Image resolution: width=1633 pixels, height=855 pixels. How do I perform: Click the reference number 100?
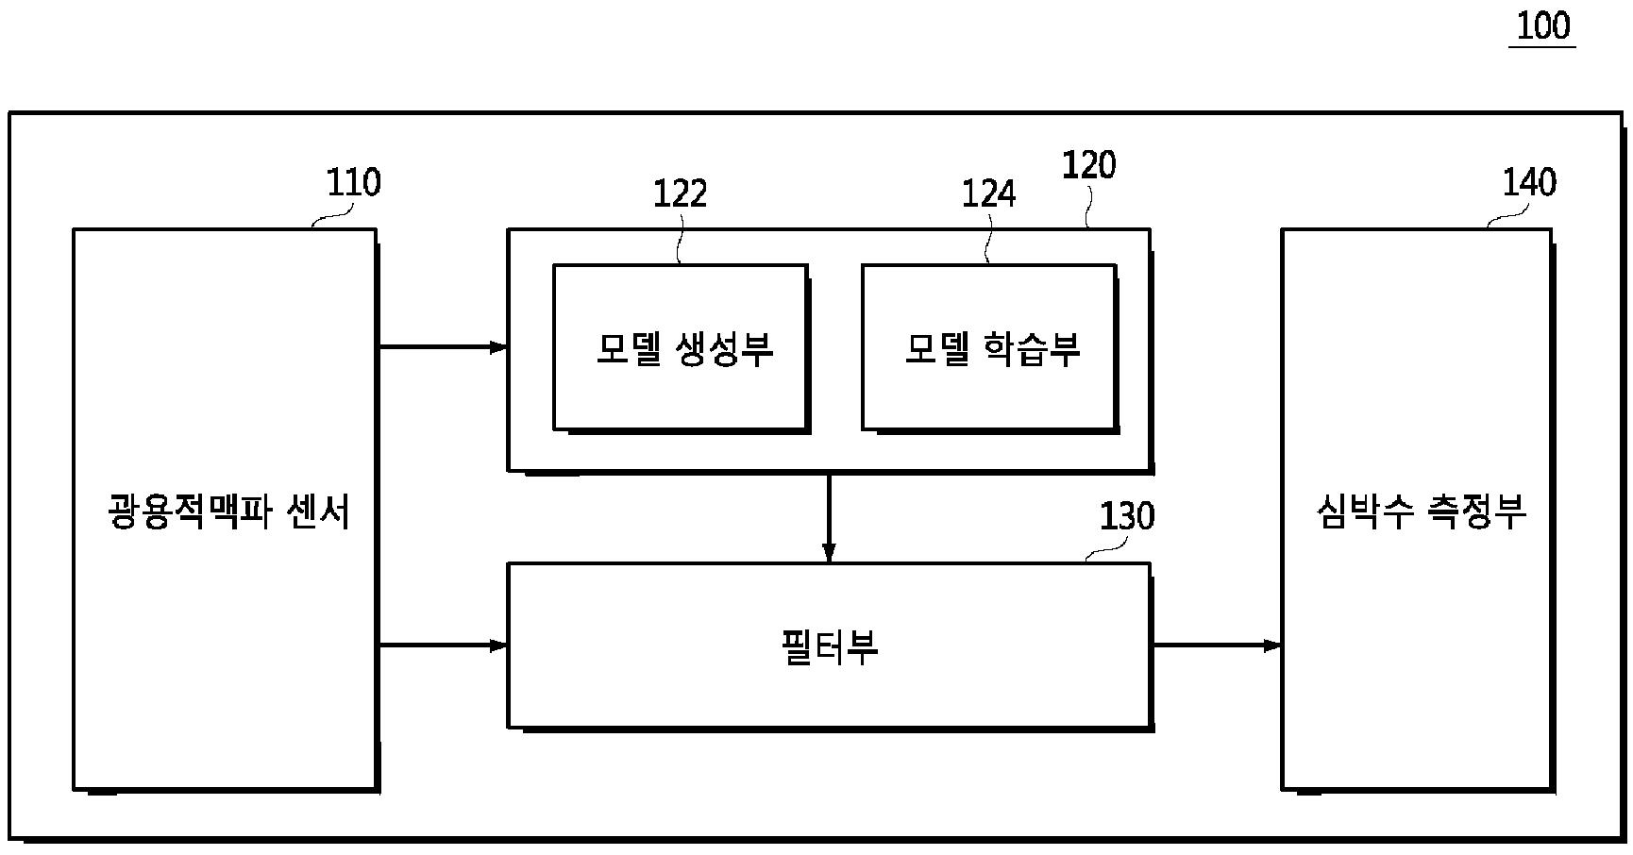pyautogui.click(x=1542, y=25)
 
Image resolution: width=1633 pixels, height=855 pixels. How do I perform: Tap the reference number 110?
pyautogui.click(x=353, y=182)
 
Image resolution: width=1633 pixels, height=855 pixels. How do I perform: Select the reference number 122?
pyautogui.click(x=680, y=193)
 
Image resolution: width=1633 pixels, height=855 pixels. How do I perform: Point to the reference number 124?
pyautogui.click(x=988, y=193)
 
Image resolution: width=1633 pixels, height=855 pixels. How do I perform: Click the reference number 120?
pyautogui.click(x=1088, y=165)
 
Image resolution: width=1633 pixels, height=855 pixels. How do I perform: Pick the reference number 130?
pyautogui.click(x=1126, y=516)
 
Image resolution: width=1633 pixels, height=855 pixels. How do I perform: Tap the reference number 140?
pyautogui.click(x=1528, y=182)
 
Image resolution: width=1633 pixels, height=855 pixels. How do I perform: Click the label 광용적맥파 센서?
pyautogui.click(x=228, y=512)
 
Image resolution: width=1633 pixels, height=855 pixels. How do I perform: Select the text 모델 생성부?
pyautogui.click(x=684, y=348)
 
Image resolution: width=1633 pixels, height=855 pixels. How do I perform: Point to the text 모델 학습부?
pyautogui.click(x=992, y=348)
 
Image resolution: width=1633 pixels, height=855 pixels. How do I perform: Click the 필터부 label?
pyautogui.click(x=830, y=648)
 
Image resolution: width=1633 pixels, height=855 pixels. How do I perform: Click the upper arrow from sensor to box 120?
pyautogui.click(x=443, y=347)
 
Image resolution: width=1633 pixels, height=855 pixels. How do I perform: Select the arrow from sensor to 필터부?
pyautogui.click(x=443, y=645)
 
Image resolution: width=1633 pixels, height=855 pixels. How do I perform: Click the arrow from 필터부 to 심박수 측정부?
pyautogui.click(x=1216, y=645)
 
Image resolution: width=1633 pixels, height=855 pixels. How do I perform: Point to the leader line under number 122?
pyautogui.click(x=680, y=241)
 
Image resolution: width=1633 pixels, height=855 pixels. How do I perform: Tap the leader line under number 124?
pyautogui.click(x=987, y=241)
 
